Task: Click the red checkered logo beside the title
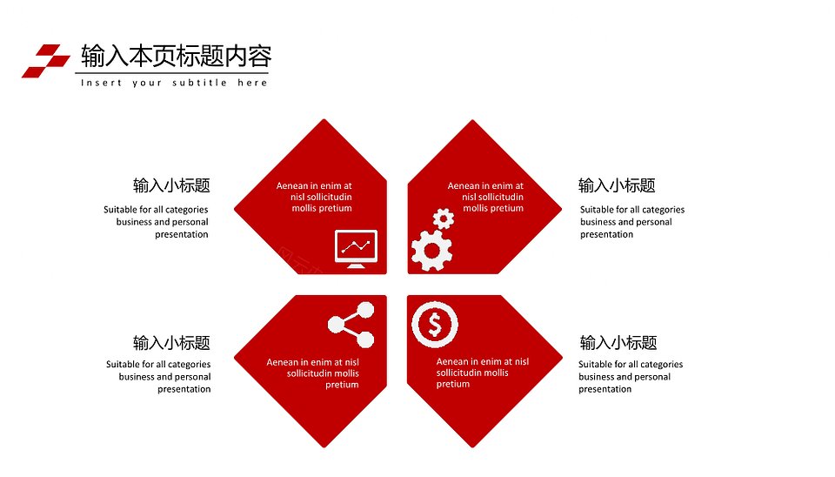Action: [46, 61]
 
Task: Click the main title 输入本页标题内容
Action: [177, 56]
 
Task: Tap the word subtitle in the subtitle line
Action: [200, 83]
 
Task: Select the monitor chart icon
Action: [356, 249]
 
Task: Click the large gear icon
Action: [432, 250]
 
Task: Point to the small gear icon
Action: [443, 218]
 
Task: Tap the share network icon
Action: [351, 325]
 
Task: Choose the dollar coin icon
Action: [435, 325]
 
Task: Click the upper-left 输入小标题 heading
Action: [171, 185]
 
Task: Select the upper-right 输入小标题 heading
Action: [617, 185]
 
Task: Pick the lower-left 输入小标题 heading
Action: [171, 343]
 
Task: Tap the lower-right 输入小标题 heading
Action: [618, 343]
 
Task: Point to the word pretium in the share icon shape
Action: [342, 385]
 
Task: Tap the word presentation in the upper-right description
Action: [606, 234]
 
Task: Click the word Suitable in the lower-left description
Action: [123, 364]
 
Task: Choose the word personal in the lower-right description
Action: [653, 377]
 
